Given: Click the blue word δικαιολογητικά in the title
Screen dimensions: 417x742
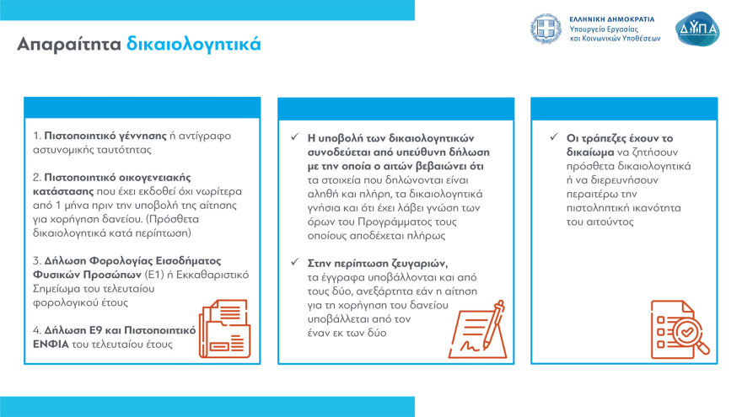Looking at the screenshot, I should pyautogui.click(x=194, y=44).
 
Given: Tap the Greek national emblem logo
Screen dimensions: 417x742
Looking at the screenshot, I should pyautogui.click(x=546, y=29).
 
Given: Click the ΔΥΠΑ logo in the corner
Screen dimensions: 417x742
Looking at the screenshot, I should pyautogui.click(x=698, y=29).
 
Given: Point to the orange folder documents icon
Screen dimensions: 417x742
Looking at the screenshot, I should pyautogui.click(x=223, y=328).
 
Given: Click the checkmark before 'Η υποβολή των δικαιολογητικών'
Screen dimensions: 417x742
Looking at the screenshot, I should pyautogui.click(x=293, y=136).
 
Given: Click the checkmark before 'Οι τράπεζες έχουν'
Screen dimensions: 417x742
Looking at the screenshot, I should pyautogui.click(x=553, y=136).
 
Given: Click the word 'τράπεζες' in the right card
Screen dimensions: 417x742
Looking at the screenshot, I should pyautogui.click(x=610, y=136).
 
